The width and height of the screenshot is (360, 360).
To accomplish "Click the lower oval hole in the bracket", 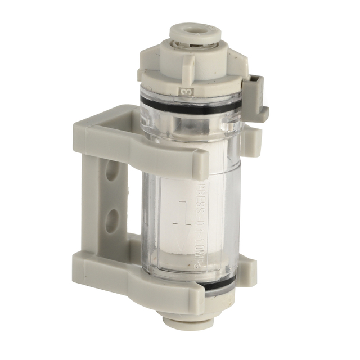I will click(x=111, y=218).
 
